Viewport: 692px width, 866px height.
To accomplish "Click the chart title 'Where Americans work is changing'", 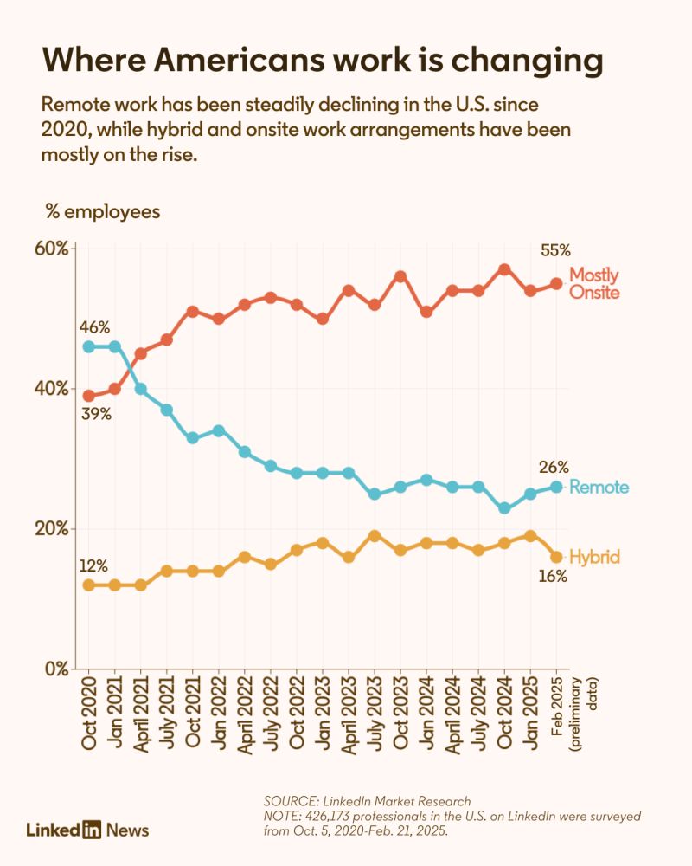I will pos(322,61).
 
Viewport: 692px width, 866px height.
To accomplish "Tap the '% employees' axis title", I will pos(101,212).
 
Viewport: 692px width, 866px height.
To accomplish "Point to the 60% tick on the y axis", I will pos(51,249).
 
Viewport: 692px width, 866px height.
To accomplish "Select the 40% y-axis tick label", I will pos(51,389).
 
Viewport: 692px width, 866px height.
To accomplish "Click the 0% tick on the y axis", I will pos(55,669).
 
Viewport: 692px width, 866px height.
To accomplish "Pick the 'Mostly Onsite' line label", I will pos(594,284).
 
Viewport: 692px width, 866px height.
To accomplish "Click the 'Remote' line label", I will pos(599,488).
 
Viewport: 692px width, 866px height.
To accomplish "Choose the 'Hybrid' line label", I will pos(594,557).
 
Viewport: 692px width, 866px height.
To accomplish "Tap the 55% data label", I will pos(556,250).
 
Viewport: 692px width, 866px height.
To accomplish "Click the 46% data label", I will pos(94,327).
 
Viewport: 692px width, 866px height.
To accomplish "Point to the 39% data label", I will pos(97,414).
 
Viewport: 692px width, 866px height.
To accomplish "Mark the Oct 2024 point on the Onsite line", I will pos(504,269).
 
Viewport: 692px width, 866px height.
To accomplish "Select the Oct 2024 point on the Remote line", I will pos(504,508).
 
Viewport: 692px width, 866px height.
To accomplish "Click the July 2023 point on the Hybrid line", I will pos(375,535).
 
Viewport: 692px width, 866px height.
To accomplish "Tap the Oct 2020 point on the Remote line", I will pos(88,346).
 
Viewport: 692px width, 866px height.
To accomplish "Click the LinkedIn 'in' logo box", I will pos(92,830).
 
